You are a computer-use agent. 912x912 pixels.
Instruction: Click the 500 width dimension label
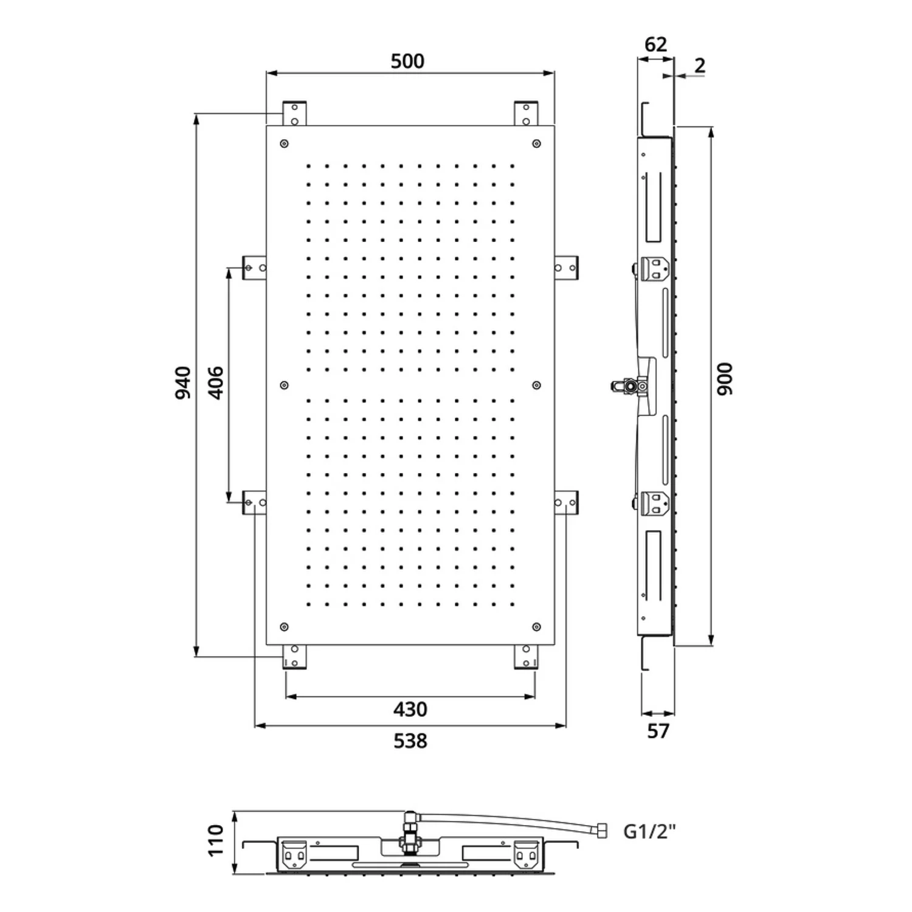pyautogui.click(x=407, y=61)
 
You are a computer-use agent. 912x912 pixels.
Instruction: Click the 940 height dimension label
pyautogui.click(x=183, y=383)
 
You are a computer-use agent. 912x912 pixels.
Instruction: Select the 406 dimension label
pyautogui.click(x=216, y=383)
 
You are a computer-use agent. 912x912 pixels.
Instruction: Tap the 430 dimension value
pyautogui.click(x=410, y=710)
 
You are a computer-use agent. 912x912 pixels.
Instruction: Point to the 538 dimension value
pyautogui.click(x=410, y=741)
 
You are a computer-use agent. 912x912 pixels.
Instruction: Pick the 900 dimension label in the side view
pyautogui.click(x=725, y=379)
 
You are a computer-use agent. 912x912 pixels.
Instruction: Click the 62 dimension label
pyautogui.click(x=655, y=44)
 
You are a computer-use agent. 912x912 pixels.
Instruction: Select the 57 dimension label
pyautogui.click(x=658, y=731)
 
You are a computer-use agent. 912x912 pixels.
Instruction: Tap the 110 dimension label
pyautogui.click(x=216, y=840)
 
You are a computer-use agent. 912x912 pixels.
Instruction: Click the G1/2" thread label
pyautogui.click(x=649, y=831)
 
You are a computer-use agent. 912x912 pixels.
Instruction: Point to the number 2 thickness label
pyautogui.click(x=700, y=65)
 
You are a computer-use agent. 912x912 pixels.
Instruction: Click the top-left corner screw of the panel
pyautogui.click(x=284, y=144)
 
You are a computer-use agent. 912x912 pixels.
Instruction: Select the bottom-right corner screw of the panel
pyautogui.click(x=536, y=627)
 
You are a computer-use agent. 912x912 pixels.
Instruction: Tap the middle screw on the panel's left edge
pyautogui.click(x=284, y=385)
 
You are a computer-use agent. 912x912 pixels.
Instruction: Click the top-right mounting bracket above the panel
pyautogui.click(x=526, y=114)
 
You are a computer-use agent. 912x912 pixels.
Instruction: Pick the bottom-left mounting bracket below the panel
pyautogui.click(x=294, y=657)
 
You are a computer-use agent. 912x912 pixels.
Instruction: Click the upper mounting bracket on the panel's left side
pyautogui.click(x=254, y=268)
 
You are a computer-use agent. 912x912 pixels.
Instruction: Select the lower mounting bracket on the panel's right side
pyautogui.click(x=567, y=503)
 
